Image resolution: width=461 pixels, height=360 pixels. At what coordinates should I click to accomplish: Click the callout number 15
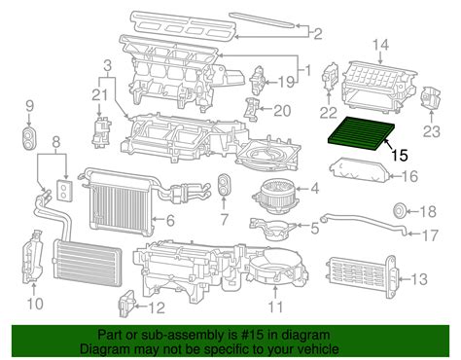[x=400, y=154]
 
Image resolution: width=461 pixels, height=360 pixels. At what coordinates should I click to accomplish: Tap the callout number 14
[x=380, y=44]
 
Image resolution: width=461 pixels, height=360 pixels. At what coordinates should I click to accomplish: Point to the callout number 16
[x=409, y=176]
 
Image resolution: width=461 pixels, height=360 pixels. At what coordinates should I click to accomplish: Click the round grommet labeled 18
[x=399, y=210]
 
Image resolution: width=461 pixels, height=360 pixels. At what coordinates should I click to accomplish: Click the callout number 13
[x=418, y=280]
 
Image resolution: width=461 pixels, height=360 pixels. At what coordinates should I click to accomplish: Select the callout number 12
[x=156, y=308]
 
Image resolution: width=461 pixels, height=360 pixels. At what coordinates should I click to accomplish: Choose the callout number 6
[x=170, y=221]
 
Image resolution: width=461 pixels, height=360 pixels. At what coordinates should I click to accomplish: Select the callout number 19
[x=288, y=82]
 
